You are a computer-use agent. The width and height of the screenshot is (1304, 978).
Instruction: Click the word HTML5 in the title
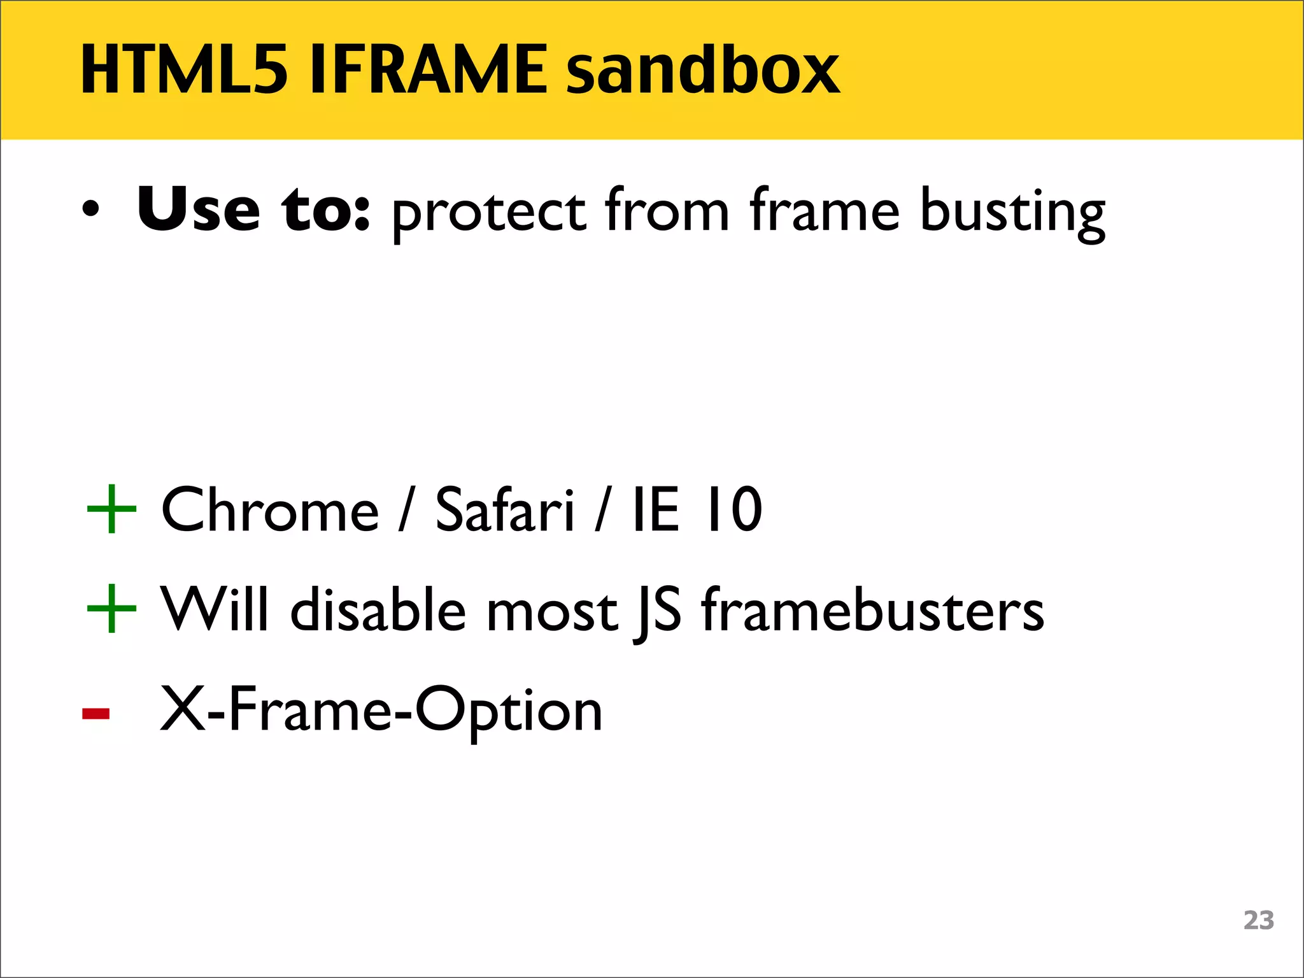coord(184,69)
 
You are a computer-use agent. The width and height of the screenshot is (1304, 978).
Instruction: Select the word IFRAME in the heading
coord(428,69)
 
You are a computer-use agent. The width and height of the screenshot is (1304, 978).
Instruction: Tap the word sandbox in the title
coord(703,69)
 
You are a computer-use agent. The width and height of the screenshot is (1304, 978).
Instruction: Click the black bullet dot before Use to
coord(91,210)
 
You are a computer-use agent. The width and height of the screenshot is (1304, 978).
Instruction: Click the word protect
coord(488,212)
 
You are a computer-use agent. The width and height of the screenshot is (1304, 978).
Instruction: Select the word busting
coord(1012,212)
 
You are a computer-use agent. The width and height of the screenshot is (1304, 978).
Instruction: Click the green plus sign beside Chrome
coord(111,509)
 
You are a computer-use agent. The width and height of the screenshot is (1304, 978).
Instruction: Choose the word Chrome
coord(270,509)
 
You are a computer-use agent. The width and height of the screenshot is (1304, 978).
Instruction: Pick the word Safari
coord(504,509)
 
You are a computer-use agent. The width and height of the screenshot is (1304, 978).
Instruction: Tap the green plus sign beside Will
coord(111,609)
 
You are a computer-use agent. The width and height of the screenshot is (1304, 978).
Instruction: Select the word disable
coord(378,610)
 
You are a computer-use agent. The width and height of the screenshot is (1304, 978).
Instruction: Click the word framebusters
coord(872,610)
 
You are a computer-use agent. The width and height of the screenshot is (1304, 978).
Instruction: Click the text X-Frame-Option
coord(381,711)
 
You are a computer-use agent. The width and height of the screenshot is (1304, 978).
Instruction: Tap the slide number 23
coord(1258,921)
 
